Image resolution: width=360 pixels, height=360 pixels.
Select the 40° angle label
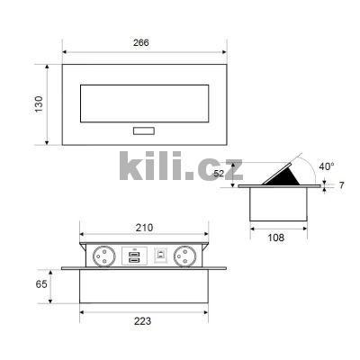click(328, 166)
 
